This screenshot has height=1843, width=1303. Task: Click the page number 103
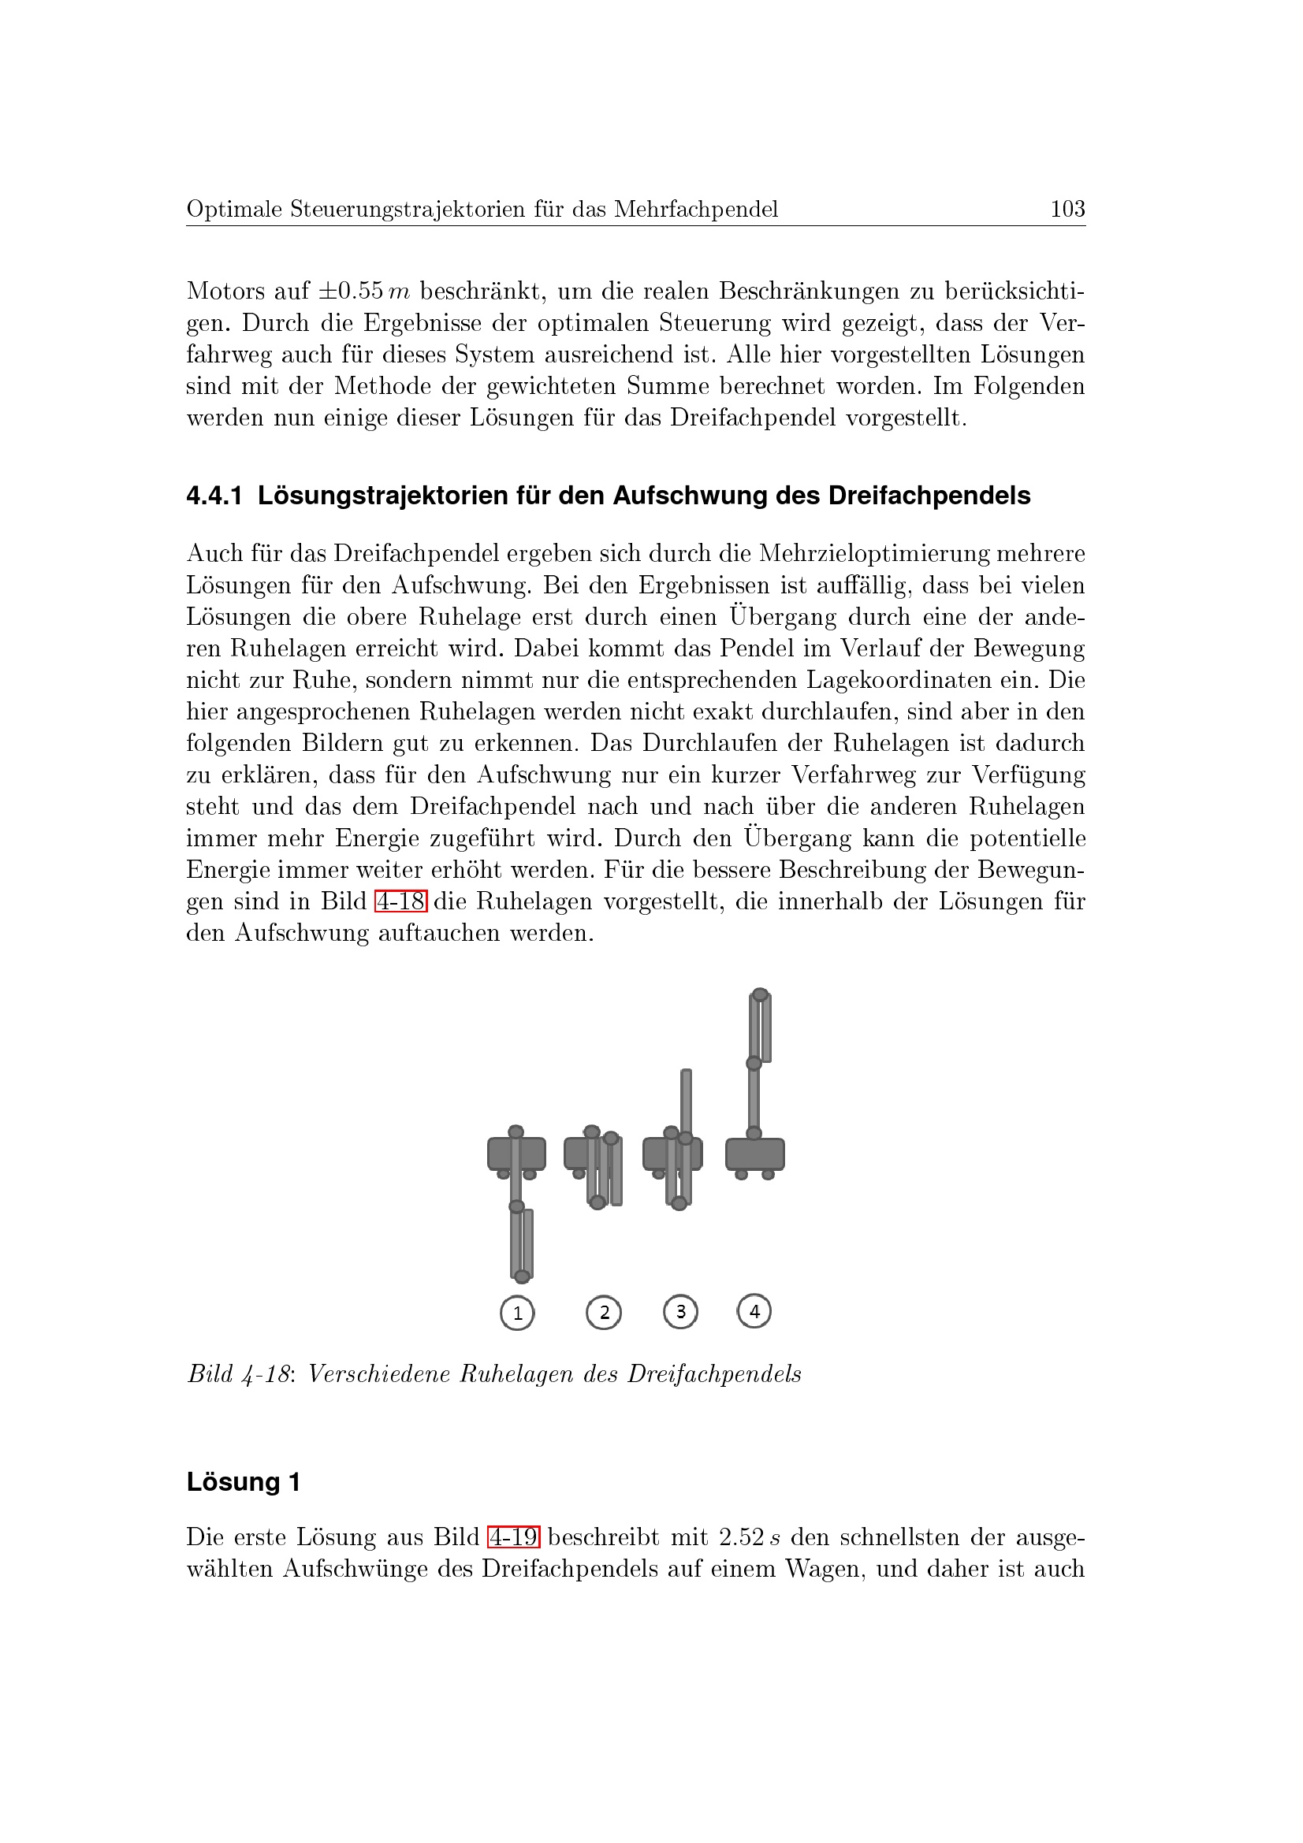point(1067,210)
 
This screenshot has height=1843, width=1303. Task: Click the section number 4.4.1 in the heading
point(214,496)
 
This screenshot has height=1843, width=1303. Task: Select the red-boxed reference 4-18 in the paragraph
point(400,901)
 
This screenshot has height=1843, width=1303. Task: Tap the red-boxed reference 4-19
point(514,1536)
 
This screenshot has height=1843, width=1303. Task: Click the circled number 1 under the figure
point(517,1314)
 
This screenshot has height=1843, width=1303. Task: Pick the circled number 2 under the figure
point(604,1313)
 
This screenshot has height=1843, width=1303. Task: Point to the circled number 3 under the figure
point(681,1312)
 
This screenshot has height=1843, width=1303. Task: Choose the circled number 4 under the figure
point(754,1311)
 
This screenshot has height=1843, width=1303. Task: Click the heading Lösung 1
point(244,1482)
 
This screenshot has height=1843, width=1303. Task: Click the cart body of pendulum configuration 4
point(754,1154)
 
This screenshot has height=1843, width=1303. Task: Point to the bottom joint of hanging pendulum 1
point(522,1276)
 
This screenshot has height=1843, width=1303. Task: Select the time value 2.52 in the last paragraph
point(741,1537)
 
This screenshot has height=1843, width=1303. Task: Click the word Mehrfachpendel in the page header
point(696,210)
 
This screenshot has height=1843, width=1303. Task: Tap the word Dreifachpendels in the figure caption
point(713,1374)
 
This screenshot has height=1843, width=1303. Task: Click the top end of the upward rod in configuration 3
point(686,1072)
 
